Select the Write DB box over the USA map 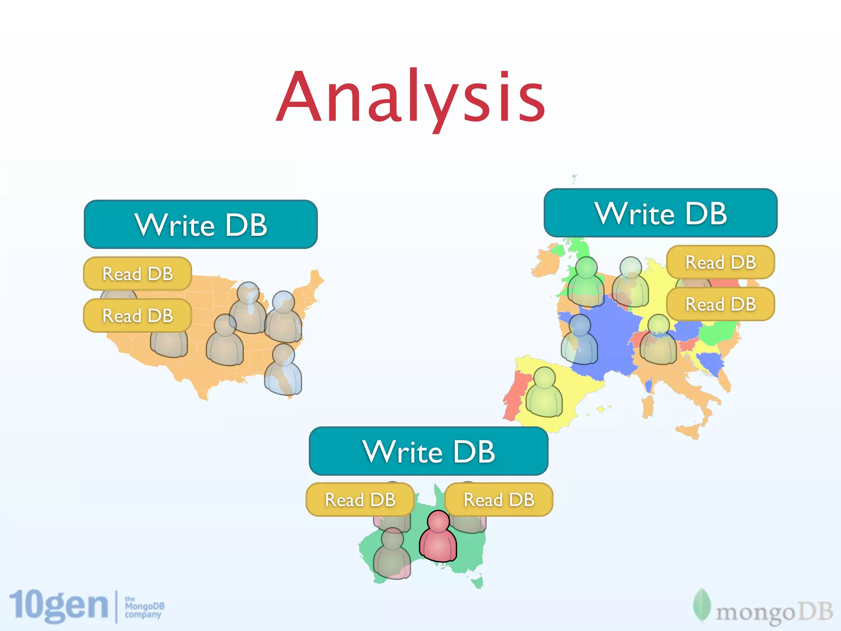pos(200,224)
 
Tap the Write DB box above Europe pos(660,213)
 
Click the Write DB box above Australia pos(428,451)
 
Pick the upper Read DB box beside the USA pos(138,274)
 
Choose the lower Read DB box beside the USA pos(138,315)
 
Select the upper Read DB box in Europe pos(721,262)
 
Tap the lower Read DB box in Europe pos(721,304)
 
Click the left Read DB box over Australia pos(360,500)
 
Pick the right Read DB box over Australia pos(499,500)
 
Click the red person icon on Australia pos(438,538)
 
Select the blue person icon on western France pos(579,341)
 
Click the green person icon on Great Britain pos(586,283)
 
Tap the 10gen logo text pos(59,606)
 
